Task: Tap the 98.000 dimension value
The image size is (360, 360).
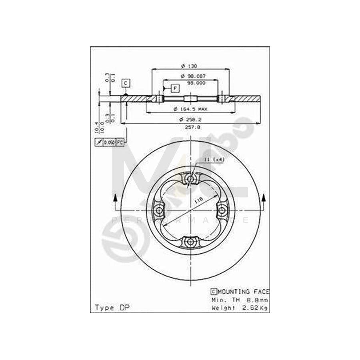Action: click(x=196, y=83)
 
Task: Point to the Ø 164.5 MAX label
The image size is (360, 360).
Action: click(x=191, y=109)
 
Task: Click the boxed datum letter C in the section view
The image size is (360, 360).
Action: click(x=125, y=83)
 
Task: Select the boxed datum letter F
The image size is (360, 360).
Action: click(x=175, y=88)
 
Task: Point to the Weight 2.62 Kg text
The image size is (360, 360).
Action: click(x=239, y=308)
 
